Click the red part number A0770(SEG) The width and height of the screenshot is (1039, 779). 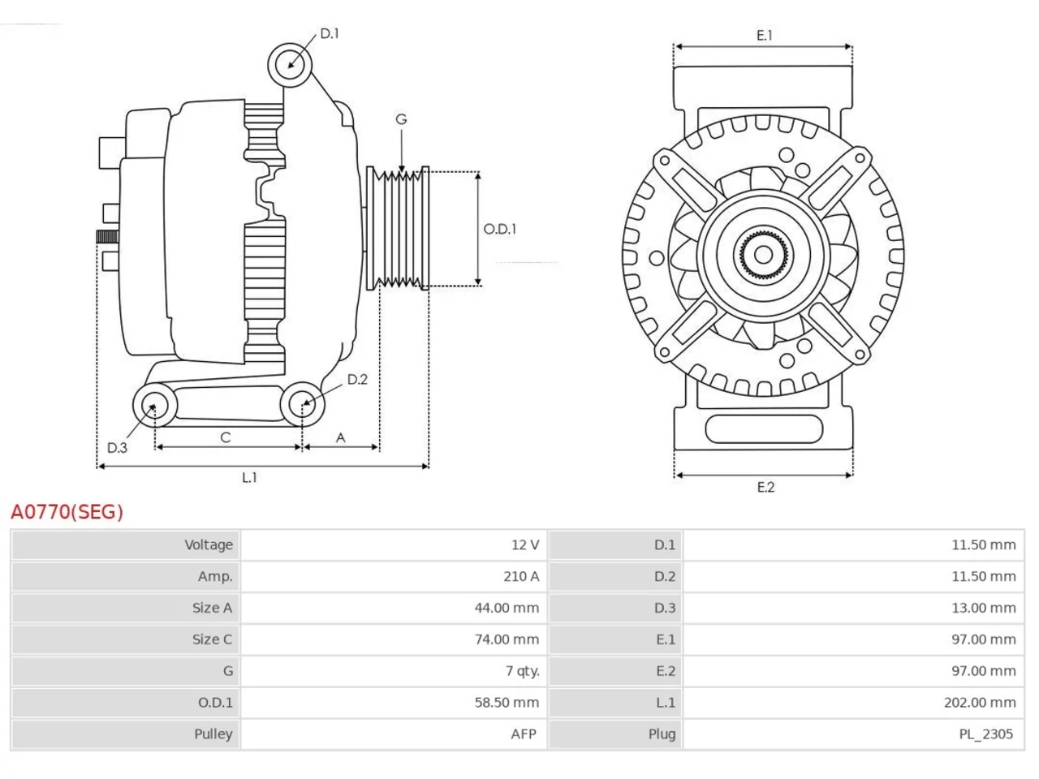[67, 512]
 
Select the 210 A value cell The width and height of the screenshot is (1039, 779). [521, 576]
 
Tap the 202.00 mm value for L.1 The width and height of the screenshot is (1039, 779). [980, 703]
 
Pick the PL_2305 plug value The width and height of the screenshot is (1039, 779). [985, 734]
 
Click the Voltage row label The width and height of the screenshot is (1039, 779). [209, 544]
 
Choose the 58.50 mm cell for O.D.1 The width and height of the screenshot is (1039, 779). [507, 703]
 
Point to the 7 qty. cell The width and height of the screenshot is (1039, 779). [522, 671]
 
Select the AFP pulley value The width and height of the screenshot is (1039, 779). [524, 734]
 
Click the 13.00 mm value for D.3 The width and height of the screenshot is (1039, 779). [984, 608]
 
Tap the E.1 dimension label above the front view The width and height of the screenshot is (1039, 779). [764, 35]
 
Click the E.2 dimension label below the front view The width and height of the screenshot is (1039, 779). [765, 487]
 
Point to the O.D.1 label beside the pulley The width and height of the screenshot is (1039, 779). [499, 229]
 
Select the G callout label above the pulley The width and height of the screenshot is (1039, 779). [401, 118]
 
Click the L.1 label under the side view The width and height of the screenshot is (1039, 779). [249, 477]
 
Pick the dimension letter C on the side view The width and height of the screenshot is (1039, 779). [226, 437]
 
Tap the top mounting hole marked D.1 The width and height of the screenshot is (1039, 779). [290, 65]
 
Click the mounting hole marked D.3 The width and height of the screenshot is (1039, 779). [154, 405]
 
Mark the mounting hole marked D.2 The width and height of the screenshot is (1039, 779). [302, 404]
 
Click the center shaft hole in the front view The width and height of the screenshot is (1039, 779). [763, 256]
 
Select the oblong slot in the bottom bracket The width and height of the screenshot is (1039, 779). [764, 429]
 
